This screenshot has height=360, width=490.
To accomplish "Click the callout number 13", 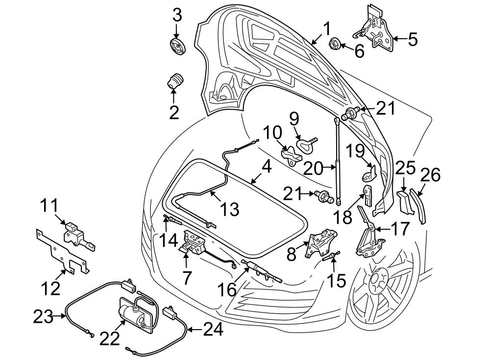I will coord(229,209).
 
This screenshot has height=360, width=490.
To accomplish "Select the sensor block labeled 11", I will coord(76,234).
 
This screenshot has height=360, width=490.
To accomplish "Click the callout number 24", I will coord(212,330).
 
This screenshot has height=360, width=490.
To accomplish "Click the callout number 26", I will coord(430,175).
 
